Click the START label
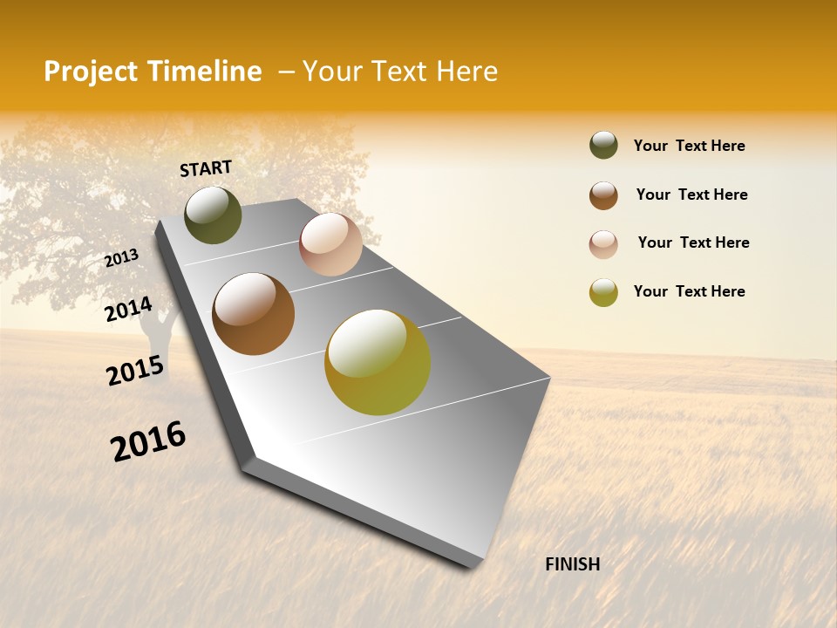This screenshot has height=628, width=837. point(206,168)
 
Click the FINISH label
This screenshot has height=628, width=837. point(572,564)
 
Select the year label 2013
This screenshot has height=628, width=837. point(122,258)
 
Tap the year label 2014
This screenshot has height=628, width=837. point(129,310)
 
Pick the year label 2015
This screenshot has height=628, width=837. point(135,371)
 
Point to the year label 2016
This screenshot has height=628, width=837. point(148,441)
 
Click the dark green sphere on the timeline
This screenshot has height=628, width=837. point(213,215)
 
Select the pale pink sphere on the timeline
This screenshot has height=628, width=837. point(330,244)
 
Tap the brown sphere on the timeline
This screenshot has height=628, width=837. point(254,314)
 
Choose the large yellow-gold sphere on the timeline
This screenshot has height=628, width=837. point(378,362)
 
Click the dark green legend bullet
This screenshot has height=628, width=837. point(603,146)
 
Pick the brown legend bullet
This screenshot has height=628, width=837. point(603,195)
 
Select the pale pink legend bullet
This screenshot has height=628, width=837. point(603,244)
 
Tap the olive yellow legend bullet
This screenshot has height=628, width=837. point(603,292)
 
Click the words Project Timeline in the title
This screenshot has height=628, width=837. point(153,72)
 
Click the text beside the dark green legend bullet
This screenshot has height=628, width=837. point(689,146)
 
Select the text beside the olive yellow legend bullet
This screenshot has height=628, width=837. point(689,291)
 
